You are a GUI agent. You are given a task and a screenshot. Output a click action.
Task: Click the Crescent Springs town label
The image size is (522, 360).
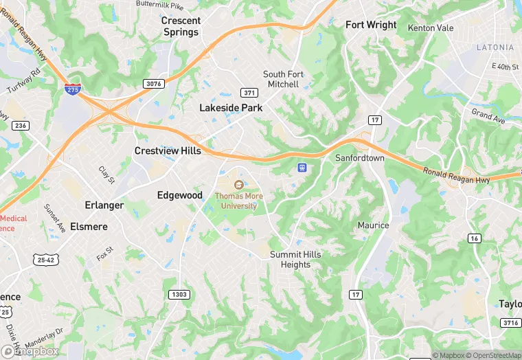tap(181, 26)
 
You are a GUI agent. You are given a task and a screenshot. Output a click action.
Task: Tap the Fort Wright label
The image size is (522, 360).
tap(371, 25)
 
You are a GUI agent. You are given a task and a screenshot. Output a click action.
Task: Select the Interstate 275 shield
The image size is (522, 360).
tap(71, 89)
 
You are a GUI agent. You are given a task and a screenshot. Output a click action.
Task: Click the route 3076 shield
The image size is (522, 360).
tap(154, 84)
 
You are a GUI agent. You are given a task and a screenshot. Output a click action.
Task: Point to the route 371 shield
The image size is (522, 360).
tap(249, 93)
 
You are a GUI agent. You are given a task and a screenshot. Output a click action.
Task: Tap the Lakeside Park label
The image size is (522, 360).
tap(231, 108)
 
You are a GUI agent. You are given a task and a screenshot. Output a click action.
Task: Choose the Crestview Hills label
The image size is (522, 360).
tap(168, 150)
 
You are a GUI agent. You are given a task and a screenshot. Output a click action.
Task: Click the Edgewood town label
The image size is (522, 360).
tap(180, 195)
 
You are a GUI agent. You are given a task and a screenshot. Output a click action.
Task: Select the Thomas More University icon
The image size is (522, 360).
tap(239, 184)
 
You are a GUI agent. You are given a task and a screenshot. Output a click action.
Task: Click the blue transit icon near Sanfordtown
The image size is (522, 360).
tap(302, 167)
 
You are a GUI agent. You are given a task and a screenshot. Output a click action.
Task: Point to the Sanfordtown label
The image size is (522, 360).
tap(360, 158)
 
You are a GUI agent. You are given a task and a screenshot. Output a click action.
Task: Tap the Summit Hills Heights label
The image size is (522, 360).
tap(295, 260)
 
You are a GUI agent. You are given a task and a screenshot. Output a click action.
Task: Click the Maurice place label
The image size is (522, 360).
tap(373, 225)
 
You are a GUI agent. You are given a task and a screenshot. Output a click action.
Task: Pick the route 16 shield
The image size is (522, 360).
tap(474, 238)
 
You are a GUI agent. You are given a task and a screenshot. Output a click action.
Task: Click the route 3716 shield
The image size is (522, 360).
tap(510, 322)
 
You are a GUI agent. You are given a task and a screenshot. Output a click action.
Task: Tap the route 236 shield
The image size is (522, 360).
tap(21, 125)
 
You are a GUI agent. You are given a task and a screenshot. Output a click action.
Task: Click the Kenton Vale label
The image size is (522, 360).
tap(431, 28)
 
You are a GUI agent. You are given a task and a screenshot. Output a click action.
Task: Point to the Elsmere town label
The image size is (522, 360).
tap(89, 225)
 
